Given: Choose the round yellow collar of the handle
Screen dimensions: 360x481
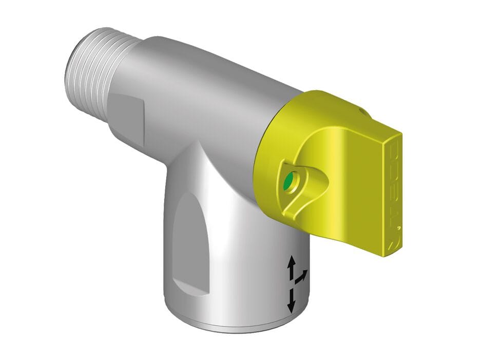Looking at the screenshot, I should (272, 154).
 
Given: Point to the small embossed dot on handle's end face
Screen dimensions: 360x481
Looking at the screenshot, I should (397, 226).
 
